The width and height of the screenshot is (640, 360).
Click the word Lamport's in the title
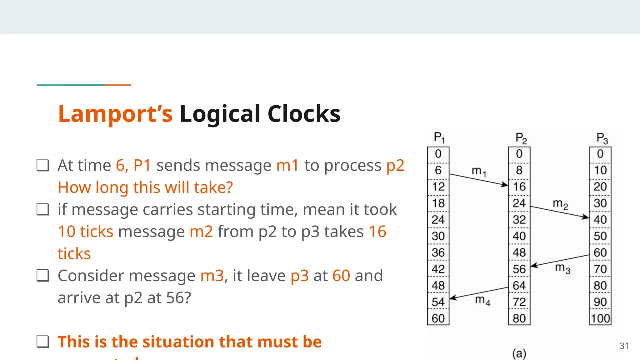click(x=115, y=114)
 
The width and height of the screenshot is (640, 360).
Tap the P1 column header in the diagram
click(x=439, y=137)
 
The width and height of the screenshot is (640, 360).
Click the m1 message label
click(x=479, y=171)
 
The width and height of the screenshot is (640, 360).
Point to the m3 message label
click(x=562, y=268)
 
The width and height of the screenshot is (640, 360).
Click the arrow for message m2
click(x=559, y=212)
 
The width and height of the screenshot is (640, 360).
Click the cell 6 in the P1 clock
click(x=438, y=170)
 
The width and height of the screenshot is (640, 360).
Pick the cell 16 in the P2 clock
click(x=519, y=187)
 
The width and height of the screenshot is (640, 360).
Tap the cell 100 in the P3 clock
click(x=600, y=318)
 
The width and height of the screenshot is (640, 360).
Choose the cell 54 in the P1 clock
click(x=438, y=302)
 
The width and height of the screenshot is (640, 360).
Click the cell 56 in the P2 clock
click(x=519, y=269)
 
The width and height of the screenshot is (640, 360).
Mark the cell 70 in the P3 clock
click(x=600, y=269)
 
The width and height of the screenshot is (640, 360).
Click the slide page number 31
click(x=624, y=346)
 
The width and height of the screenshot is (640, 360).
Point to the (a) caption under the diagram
click(x=519, y=353)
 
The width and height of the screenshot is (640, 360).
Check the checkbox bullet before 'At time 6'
click(x=43, y=165)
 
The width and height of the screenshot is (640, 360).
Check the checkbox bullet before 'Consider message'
click(x=43, y=276)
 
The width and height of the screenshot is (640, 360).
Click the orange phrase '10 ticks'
click(x=86, y=232)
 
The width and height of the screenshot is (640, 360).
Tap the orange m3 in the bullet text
click(x=212, y=276)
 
